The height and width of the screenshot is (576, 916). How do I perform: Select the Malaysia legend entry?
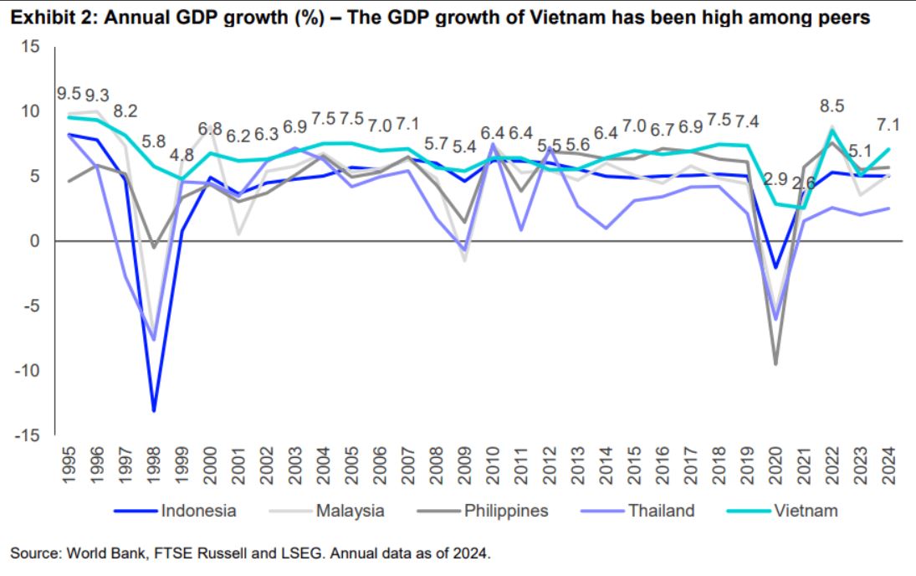[x=350, y=511]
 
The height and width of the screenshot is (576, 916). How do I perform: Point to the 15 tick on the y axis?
[x=30, y=47]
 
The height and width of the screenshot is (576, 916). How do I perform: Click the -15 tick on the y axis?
[x=27, y=435]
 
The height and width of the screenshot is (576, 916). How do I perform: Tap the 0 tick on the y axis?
[x=34, y=241]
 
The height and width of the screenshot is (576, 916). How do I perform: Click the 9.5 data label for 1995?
[x=69, y=94]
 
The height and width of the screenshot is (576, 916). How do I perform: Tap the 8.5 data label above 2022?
[x=832, y=106]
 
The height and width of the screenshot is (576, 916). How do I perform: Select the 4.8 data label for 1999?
[x=182, y=155]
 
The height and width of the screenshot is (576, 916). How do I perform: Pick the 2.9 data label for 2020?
[x=775, y=178]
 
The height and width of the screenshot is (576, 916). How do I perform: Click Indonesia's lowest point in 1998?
[x=154, y=411]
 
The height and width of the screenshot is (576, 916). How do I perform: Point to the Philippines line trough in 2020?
[x=776, y=363]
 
